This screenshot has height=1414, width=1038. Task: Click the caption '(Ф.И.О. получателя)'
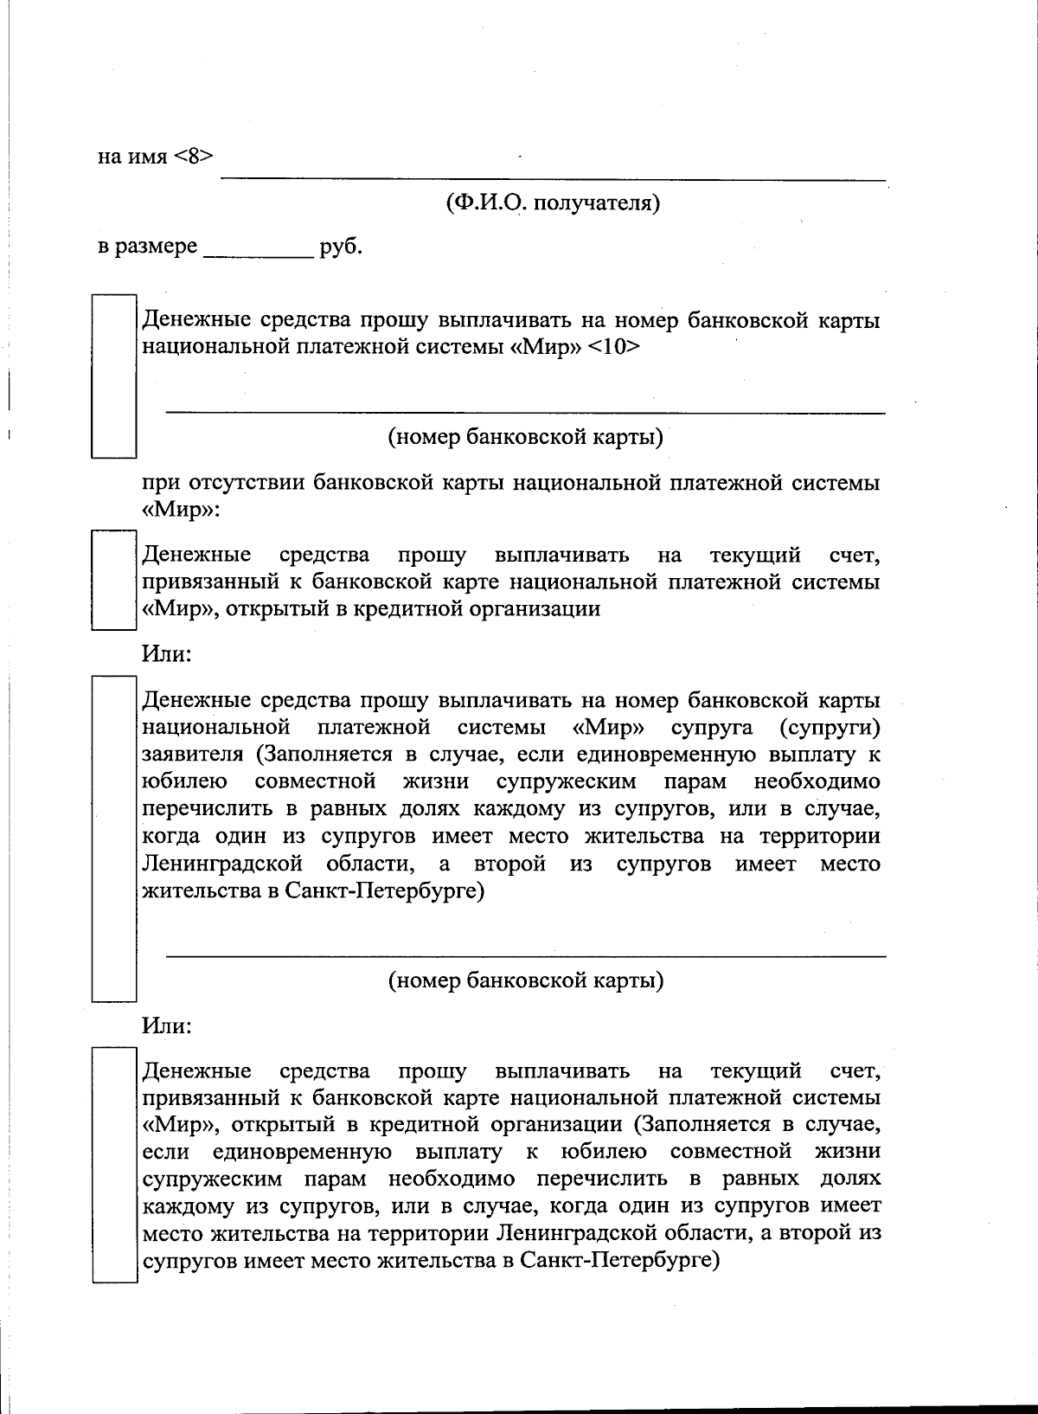(553, 203)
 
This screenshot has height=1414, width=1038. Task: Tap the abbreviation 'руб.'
(341, 247)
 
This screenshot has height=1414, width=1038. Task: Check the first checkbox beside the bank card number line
(114, 376)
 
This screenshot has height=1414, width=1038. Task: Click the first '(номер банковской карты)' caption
(525, 437)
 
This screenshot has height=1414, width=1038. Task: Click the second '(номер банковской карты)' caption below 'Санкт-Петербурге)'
(525, 980)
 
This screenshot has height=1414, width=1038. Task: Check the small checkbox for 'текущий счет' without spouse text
(114, 581)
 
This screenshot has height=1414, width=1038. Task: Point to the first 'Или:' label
(166, 653)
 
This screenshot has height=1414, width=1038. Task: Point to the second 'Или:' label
(166, 1025)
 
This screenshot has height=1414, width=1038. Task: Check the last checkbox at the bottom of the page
(114, 1165)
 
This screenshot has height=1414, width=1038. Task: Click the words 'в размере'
(147, 247)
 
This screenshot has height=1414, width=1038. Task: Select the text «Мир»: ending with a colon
(181, 510)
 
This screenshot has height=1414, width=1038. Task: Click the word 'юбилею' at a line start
(184, 782)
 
